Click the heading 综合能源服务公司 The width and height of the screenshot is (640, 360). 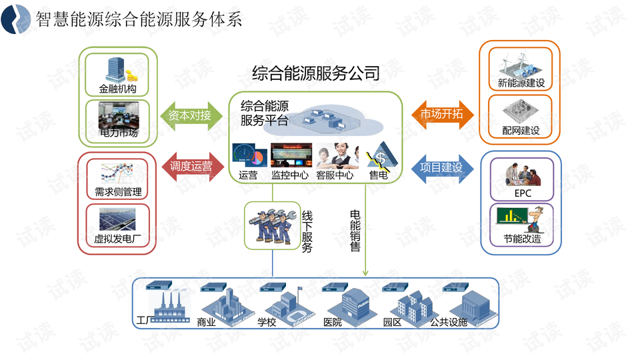(316, 73)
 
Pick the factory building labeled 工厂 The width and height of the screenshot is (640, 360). (166, 307)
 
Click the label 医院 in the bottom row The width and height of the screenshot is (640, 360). (332, 322)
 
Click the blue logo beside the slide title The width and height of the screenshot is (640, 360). (16, 19)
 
